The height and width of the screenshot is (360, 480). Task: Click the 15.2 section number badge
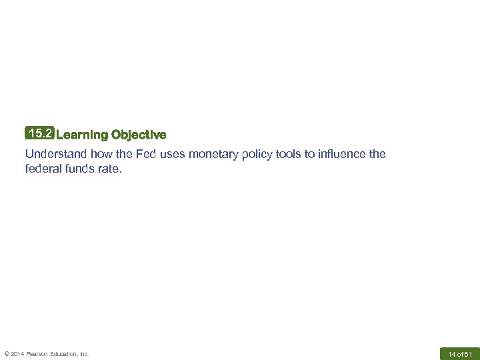tap(40, 134)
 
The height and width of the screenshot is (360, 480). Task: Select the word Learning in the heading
tap(82, 135)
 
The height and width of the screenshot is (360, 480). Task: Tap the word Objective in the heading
tap(139, 135)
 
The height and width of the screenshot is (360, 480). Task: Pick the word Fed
tap(146, 154)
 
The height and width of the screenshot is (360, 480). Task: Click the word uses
tap(173, 154)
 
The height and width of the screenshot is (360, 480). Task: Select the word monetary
tap(215, 154)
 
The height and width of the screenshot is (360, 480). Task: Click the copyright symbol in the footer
tap(7, 353)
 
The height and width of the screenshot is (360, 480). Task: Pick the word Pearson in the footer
tap(39, 353)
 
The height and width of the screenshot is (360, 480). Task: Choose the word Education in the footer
tap(65, 353)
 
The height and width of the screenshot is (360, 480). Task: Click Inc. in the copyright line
tap(85, 353)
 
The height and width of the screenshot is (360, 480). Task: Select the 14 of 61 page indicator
tap(460, 353)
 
